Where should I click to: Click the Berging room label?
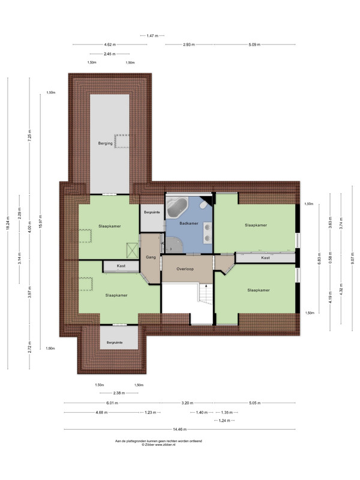[x=106, y=143]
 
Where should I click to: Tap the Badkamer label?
[x=189, y=223]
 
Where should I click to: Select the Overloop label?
[x=185, y=269]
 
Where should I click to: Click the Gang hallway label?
[x=151, y=257]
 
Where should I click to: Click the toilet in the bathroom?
[x=203, y=205]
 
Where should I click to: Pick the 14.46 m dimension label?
[x=179, y=430]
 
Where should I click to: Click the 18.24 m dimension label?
[x=8, y=223]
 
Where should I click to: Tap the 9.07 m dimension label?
[x=352, y=258]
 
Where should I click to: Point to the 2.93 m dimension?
[x=189, y=44]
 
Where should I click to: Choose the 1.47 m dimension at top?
[x=152, y=36]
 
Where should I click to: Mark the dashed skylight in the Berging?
[x=122, y=141]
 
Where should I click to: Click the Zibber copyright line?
[x=158, y=445]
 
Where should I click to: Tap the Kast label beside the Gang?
[x=121, y=266]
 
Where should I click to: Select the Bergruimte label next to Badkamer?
[x=152, y=212]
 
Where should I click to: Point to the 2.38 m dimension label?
[x=119, y=393]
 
